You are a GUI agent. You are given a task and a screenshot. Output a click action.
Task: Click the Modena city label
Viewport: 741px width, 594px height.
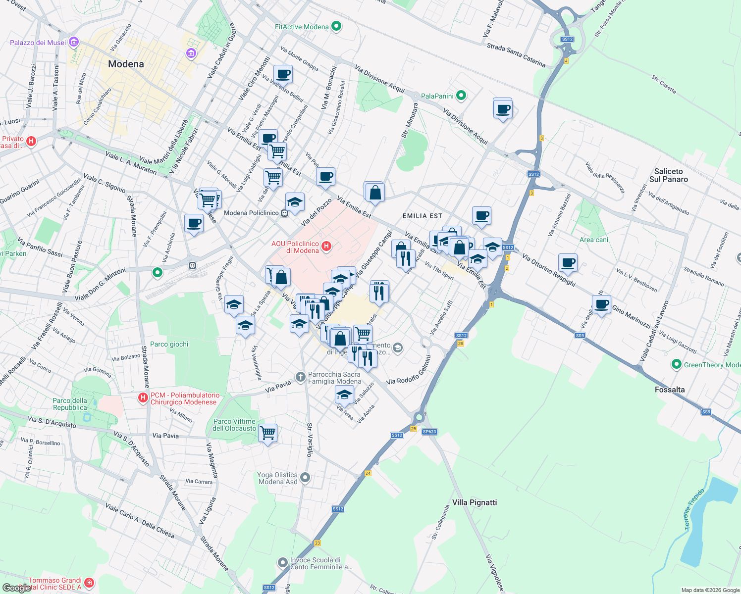126,64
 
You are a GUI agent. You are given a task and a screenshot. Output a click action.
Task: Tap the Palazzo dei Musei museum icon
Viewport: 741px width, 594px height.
74,43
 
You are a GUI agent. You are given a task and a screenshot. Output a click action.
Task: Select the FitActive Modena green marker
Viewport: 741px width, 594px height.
336,27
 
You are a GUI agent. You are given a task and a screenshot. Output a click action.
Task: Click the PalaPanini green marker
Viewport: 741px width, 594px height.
461,96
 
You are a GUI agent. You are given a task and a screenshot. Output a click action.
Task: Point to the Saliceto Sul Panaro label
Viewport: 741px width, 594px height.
668,175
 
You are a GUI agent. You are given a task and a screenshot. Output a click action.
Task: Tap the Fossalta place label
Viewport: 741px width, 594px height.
670,390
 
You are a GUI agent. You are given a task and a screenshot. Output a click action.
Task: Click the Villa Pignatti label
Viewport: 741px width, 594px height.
474,502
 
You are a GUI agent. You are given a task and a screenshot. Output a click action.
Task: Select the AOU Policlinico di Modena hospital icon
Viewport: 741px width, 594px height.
326,246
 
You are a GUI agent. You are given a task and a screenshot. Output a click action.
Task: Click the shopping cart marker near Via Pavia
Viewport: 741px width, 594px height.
268,433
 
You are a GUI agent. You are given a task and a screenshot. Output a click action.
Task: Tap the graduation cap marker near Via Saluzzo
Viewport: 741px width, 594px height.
344,395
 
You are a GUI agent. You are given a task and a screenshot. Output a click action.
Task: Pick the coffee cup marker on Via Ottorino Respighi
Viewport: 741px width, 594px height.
568,262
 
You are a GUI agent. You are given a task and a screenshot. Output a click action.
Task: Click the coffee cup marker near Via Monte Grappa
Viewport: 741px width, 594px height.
283,75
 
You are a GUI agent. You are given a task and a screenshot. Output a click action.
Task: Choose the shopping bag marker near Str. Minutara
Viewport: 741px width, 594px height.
375,192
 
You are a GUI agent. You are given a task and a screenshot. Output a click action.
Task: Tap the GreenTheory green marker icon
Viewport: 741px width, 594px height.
676,365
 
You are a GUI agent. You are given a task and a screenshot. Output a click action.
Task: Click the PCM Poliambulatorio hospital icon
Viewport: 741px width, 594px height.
143,397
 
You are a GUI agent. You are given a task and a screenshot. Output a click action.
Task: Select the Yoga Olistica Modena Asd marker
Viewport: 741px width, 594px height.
305,478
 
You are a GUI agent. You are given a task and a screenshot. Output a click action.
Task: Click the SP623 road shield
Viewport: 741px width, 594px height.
429,432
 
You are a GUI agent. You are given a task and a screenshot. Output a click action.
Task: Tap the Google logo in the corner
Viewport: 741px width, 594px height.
16,588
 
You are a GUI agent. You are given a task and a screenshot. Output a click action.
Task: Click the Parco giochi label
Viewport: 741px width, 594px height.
169,344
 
